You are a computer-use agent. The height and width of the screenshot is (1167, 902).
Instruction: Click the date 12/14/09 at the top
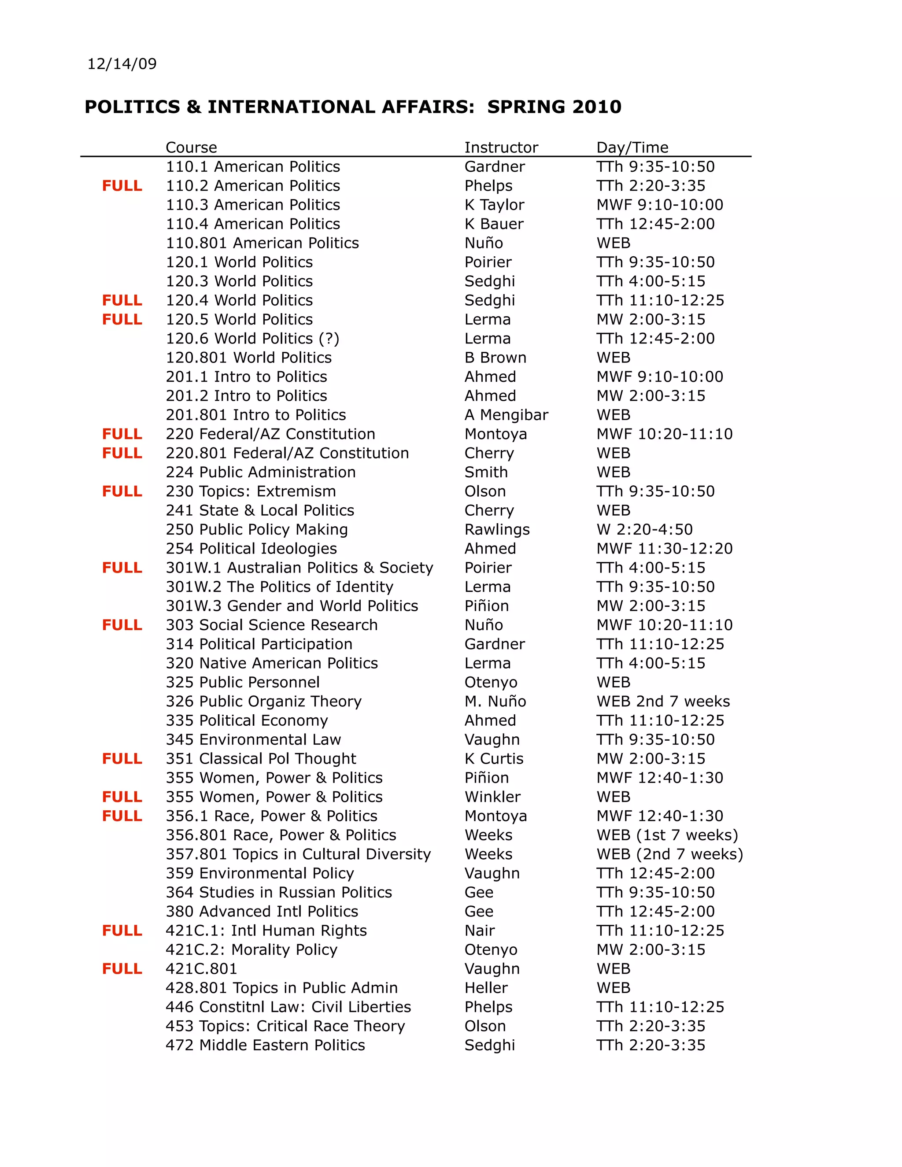[x=122, y=64]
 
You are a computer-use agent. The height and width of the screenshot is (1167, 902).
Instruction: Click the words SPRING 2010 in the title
[x=554, y=107]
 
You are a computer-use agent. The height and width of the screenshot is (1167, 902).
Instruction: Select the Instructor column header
[x=501, y=148]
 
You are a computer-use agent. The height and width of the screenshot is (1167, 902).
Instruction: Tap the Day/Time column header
[x=632, y=148]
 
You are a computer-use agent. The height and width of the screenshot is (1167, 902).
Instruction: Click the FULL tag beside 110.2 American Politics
[x=122, y=186]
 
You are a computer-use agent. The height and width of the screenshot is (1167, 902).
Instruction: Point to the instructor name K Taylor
[x=494, y=205]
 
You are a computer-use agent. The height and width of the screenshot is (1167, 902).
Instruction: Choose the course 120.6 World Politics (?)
[x=252, y=339]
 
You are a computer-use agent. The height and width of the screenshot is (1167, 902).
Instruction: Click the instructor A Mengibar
[x=506, y=415]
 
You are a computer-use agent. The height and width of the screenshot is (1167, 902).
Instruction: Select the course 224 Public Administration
[x=260, y=473]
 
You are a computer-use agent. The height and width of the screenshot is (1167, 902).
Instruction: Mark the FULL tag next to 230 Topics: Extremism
[x=122, y=491]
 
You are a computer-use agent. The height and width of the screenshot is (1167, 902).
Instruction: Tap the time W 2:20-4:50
[x=644, y=529]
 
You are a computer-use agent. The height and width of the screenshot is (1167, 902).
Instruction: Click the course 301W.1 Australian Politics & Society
[x=299, y=568]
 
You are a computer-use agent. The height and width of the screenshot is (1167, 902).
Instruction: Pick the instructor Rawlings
[x=497, y=529]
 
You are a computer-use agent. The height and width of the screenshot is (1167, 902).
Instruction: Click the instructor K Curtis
[x=494, y=759]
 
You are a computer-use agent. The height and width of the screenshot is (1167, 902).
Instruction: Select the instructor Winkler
[x=492, y=797]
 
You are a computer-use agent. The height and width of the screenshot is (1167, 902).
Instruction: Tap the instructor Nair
[x=479, y=931]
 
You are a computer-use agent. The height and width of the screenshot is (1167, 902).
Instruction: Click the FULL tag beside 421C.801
[x=122, y=969]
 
